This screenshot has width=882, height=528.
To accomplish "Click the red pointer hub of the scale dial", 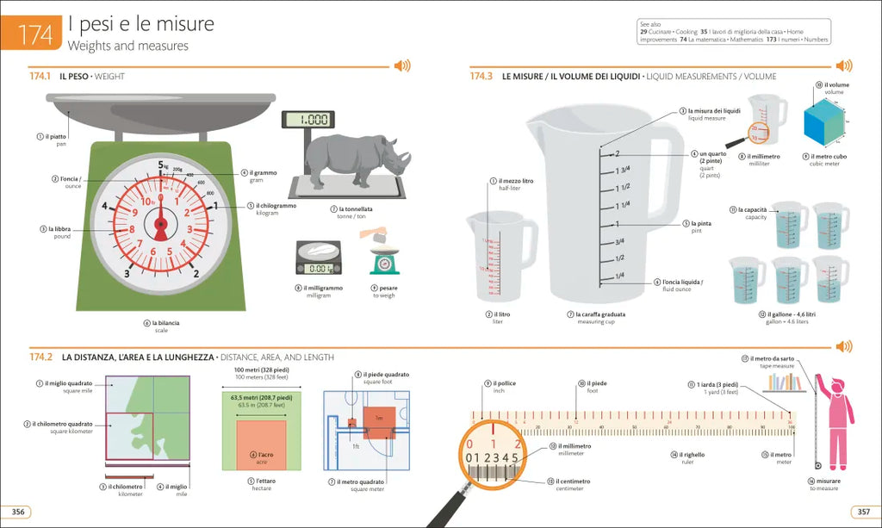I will (x=160, y=225).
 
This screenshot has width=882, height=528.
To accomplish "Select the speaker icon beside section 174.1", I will (x=401, y=66).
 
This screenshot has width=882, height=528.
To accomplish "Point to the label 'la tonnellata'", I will (x=355, y=209).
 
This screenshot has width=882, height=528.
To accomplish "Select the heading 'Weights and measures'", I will (x=127, y=46).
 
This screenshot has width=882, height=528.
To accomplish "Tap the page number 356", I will (x=18, y=512).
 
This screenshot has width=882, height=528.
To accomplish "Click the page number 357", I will (x=862, y=512).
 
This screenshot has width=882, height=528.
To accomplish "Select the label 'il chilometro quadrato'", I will (x=62, y=424).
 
